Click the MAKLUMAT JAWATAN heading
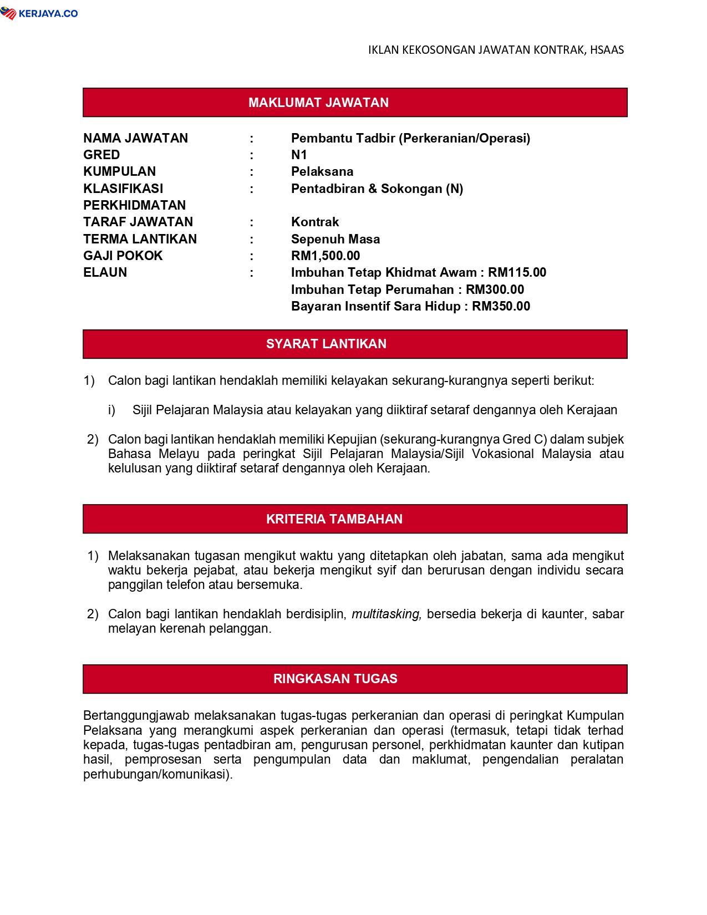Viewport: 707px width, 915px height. [318, 103]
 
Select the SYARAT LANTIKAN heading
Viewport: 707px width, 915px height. [326, 344]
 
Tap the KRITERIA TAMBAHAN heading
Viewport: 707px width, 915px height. [334, 519]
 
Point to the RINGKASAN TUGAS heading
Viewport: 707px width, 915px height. [335, 679]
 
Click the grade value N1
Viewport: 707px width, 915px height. [299, 155]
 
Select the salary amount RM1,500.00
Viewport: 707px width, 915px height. [325, 256]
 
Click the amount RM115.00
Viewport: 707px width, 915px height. [517, 272]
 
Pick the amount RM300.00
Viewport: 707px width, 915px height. [495, 289]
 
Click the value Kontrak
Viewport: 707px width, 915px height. [315, 222]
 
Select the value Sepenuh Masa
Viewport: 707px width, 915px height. [335, 239]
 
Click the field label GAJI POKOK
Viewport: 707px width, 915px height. [123, 256]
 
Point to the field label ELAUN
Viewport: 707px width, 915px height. [105, 272]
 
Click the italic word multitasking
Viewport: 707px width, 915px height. [386, 614]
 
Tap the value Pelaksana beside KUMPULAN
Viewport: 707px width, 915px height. [322, 171]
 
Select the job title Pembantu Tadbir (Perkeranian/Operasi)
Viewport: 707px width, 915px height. [410, 138]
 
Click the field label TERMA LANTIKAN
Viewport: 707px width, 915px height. [140, 239]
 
